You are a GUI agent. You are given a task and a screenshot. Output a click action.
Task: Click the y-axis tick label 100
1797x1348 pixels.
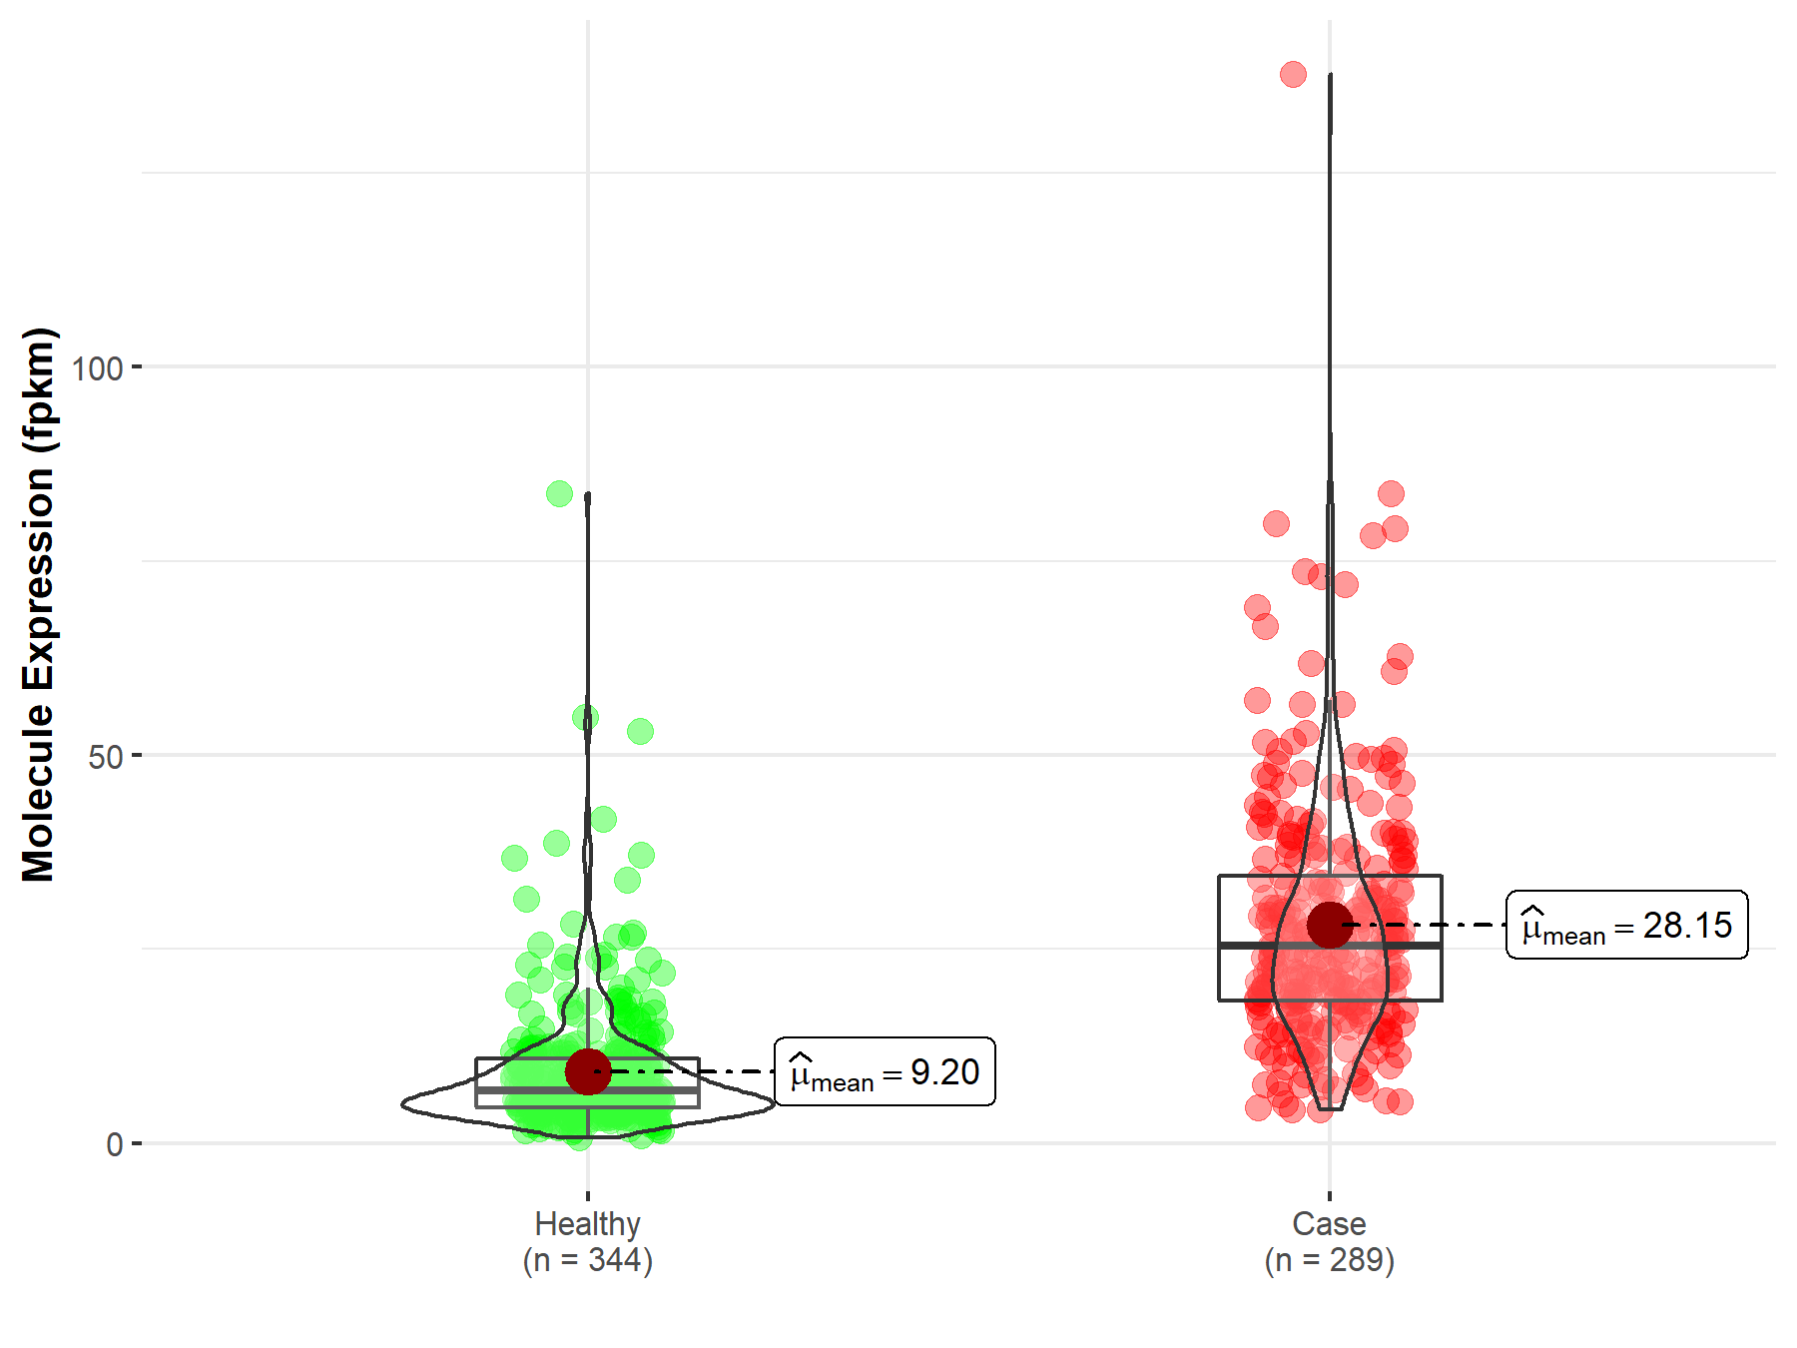tap(97, 368)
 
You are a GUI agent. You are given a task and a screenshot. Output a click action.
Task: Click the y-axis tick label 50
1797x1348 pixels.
tap(105, 757)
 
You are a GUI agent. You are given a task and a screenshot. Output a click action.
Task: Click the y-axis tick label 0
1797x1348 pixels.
tap(115, 1144)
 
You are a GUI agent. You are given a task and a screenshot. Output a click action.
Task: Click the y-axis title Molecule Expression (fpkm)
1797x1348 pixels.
tap(39, 604)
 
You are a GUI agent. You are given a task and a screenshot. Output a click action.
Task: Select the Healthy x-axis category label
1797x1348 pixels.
tap(587, 1223)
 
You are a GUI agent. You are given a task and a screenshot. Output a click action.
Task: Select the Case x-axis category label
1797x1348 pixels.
tap(1329, 1223)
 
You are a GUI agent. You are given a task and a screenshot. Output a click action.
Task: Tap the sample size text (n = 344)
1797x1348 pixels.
tap(587, 1260)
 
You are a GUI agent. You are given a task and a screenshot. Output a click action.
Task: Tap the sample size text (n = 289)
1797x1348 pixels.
tap(1329, 1260)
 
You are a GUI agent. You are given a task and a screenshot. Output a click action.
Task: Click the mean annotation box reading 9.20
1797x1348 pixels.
tap(885, 1071)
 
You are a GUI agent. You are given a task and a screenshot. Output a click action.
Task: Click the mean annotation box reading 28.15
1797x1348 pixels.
tap(1626, 925)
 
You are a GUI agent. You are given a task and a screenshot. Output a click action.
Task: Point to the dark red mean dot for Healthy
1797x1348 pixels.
tap(587, 1071)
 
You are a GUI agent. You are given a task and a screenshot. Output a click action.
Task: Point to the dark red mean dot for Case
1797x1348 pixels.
tap(1329, 925)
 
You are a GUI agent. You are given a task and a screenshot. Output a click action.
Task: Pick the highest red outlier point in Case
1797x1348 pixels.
tap(1293, 74)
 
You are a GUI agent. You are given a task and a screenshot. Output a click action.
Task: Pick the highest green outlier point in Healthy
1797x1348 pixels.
tap(559, 493)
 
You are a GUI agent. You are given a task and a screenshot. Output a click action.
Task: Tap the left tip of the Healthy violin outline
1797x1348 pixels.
tap(403, 1103)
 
